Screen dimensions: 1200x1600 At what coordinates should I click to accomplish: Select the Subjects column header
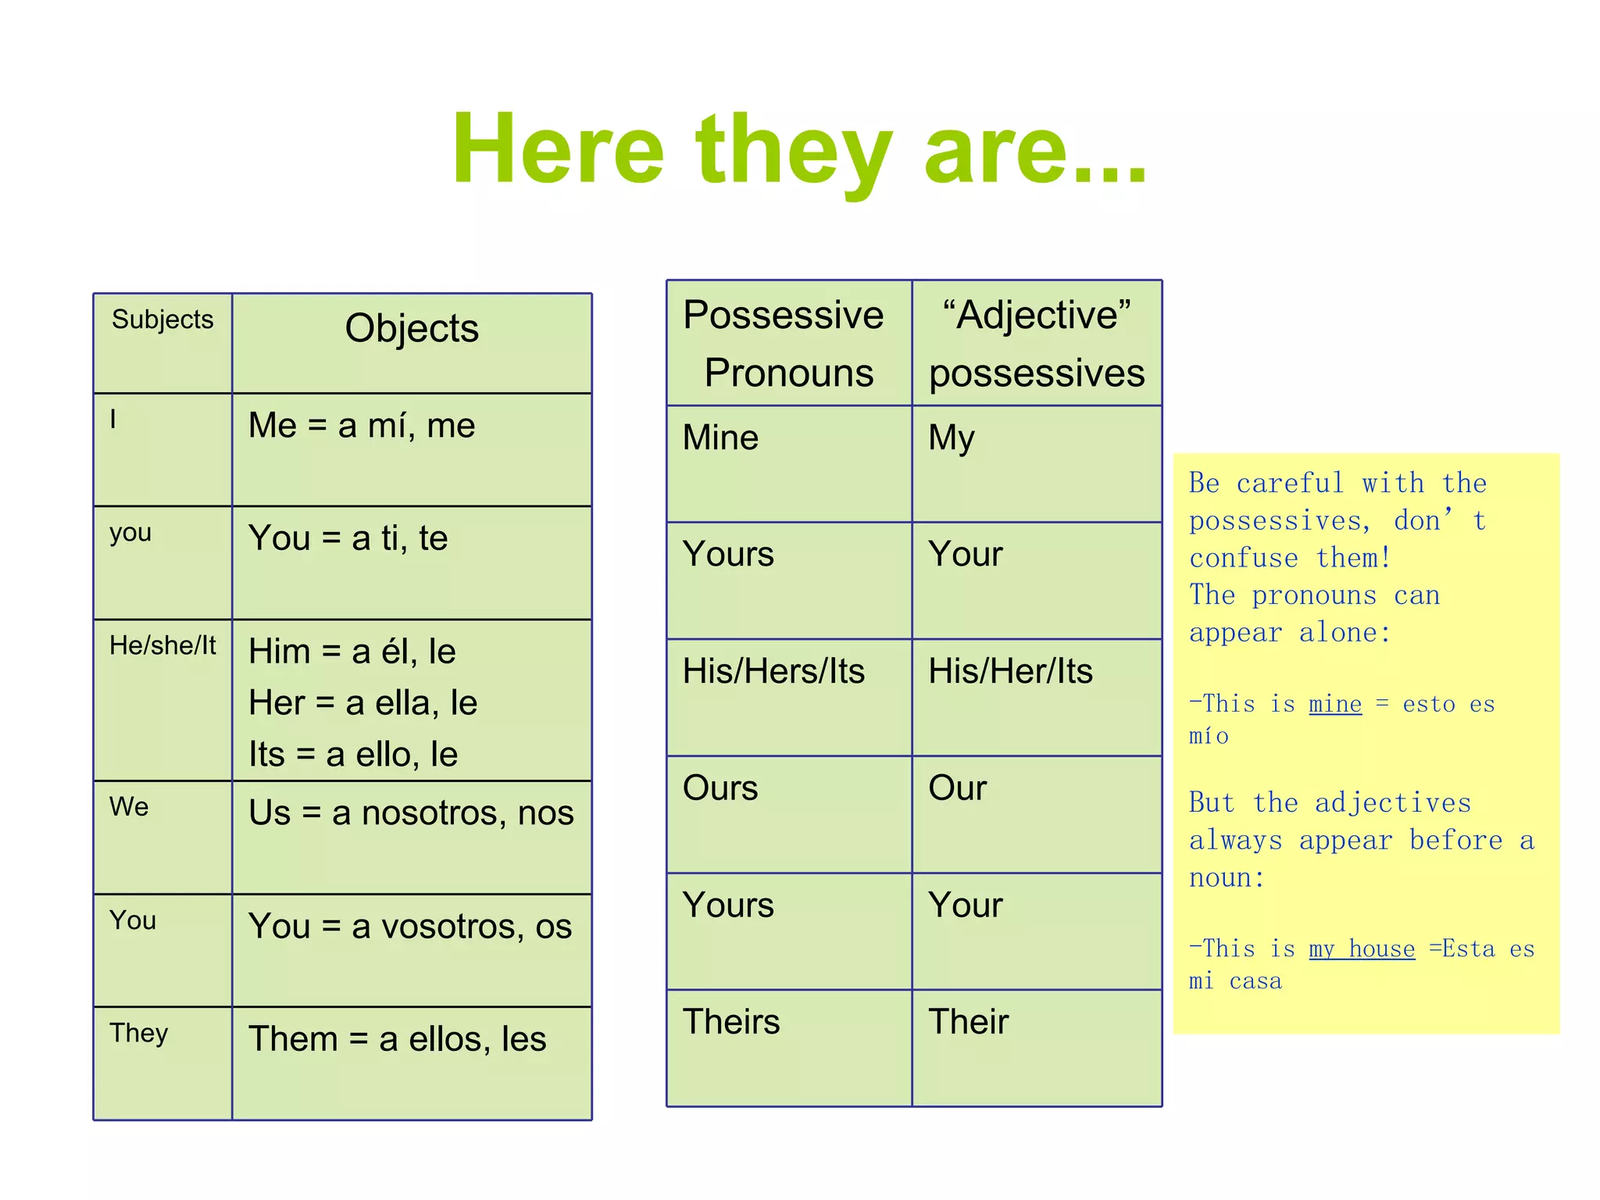(x=162, y=320)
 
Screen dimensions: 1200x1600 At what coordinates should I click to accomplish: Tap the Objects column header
(x=412, y=328)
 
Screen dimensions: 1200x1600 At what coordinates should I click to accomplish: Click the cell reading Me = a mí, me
(x=362, y=426)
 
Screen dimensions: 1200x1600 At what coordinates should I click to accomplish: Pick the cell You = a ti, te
(x=348, y=538)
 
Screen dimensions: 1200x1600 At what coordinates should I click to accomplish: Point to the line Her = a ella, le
(x=362, y=703)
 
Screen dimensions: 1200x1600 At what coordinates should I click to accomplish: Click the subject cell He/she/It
(x=162, y=645)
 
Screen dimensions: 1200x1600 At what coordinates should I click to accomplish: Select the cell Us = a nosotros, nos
(x=411, y=813)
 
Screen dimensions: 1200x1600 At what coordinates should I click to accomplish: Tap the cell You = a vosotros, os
(x=410, y=927)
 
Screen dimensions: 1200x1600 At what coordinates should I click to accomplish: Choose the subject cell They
(x=138, y=1033)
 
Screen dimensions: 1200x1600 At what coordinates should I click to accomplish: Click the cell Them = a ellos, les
(x=397, y=1040)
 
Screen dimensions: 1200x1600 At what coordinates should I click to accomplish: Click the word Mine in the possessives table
(x=720, y=437)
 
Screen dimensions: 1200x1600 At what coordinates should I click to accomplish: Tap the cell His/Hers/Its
(x=773, y=671)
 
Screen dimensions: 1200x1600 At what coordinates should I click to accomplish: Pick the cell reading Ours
(x=720, y=788)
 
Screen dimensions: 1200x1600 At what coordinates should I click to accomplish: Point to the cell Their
(x=968, y=1022)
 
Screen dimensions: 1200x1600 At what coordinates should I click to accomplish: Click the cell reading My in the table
(x=951, y=437)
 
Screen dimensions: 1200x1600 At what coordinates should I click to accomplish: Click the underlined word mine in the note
(x=1335, y=704)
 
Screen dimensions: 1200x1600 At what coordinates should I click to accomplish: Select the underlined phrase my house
(x=1362, y=948)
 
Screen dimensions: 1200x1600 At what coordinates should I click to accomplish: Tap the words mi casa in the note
(x=1235, y=981)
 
